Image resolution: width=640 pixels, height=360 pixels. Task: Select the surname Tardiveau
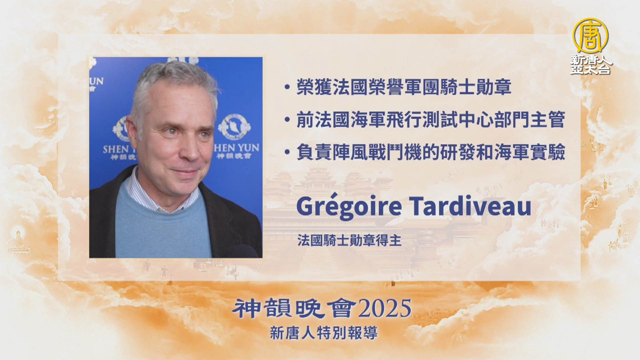470,206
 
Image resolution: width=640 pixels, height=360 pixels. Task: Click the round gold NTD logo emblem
590,36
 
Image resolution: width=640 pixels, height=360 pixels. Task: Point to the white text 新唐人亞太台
591,64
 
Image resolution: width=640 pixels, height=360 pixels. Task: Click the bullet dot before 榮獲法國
287,87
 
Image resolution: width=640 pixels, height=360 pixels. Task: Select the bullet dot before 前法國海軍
287,120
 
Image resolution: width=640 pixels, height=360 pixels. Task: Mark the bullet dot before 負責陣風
287,152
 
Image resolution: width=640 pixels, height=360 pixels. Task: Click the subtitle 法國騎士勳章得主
349,240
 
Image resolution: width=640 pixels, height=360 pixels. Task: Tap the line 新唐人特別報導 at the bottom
324,333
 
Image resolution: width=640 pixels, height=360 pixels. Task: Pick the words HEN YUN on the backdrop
236,148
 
